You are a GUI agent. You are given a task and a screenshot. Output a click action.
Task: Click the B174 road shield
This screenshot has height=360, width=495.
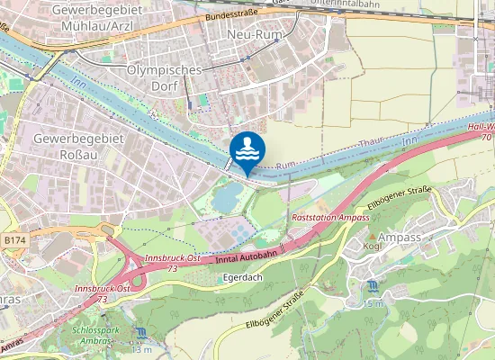[x=14, y=241]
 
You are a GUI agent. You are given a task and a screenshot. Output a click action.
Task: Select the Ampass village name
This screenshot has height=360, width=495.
[x=400, y=237]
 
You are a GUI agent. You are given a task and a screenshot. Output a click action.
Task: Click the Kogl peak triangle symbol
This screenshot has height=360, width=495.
[x=371, y=236]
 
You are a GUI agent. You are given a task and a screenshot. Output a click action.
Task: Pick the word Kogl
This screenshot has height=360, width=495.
[x=372, y=246]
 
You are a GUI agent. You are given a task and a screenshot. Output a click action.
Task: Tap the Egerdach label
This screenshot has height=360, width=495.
[x=239, y=279]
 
